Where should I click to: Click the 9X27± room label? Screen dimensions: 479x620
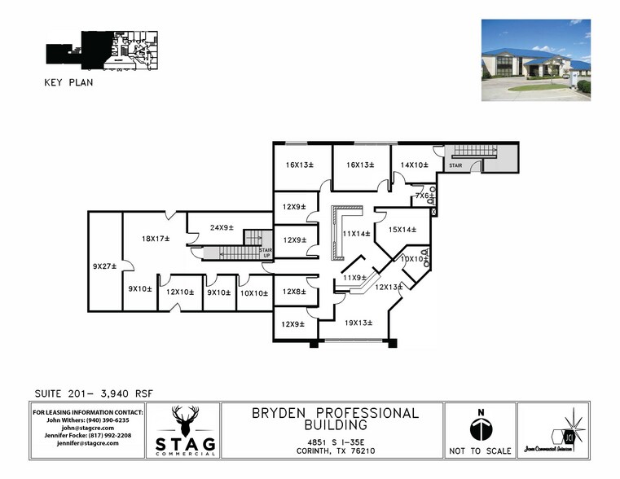coord(103,266)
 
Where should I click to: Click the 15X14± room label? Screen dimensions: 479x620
coord(402,229)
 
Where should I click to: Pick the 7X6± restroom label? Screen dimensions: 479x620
coord(423,196)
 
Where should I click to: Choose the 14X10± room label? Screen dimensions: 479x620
coord(414,165)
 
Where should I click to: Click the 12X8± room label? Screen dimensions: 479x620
coord(293,291)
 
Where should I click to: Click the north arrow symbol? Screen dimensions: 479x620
coord(481,428)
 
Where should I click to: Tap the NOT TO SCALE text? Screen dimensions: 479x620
coord(481,450)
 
